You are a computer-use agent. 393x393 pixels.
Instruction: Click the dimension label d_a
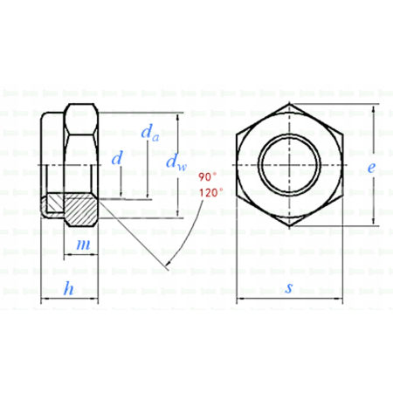click(x=148, y=133)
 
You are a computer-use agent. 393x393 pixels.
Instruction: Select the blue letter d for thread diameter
click(x=117, y=159)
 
